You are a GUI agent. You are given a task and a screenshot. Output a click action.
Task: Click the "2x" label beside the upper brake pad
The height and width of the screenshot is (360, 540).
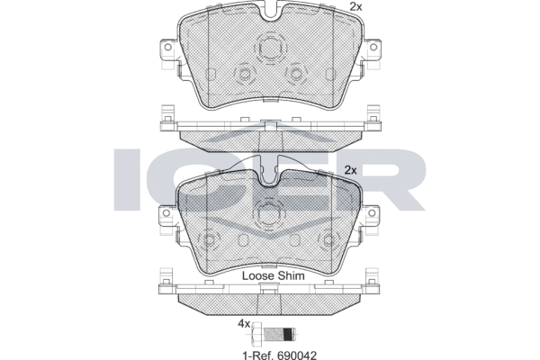pyautogui.click(x=356, y=6)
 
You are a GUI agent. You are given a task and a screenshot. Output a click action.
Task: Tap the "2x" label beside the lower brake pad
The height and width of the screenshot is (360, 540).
pyautogui.click(x=351, y=170)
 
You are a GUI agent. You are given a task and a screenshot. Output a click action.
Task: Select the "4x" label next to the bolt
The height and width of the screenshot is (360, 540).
pyautogui.click(x=244, y=323)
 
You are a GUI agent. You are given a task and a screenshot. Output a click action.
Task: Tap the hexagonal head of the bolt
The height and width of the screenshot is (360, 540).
pyautogui.click(x=256, y=333)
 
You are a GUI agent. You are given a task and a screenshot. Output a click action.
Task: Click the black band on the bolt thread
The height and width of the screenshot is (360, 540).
pyautogui.click(x=289, y=333)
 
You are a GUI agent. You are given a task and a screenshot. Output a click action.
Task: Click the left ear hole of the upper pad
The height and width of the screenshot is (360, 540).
pyautogui.click(x=168, y=47)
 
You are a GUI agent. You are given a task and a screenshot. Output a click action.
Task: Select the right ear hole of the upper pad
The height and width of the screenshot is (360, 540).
pyautogui.click(x=373, y=47)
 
